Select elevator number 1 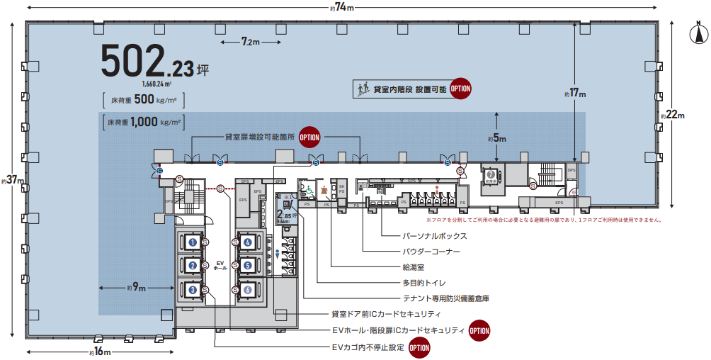click(x=192, y=242)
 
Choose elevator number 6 click(x=248, y=289)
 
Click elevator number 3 click(x=192, y=289)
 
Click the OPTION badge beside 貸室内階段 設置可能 click(x=461, y=89)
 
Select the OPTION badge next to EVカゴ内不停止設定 click(x=419, y=348)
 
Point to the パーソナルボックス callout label click(x=435, y=236)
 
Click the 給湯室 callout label click(x=414, y=267)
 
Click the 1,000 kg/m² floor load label click(x=143, y=121)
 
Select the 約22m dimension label click(x=672, y=116)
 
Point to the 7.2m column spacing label click(x=250, y=43)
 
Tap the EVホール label click(x=220, y=266)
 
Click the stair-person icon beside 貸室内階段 click(x=362, y=89)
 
